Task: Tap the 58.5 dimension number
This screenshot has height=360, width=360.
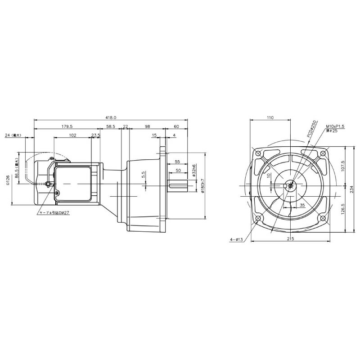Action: click(x=111, y=126)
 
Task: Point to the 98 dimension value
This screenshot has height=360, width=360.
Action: click(x=147, y=126)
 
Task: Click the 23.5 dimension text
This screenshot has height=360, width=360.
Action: click(x=95, y=135)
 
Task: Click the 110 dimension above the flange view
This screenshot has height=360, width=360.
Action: click(x=270, y=117)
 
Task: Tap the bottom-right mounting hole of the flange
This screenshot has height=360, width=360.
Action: click(x=323, y=219)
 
